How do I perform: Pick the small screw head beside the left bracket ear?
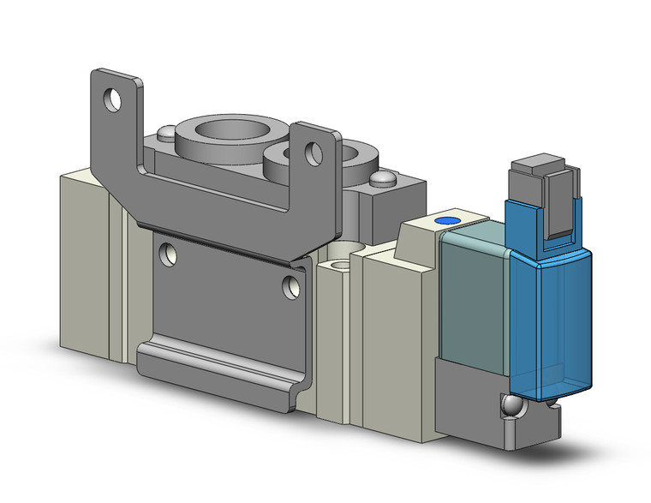click(x=163, y=135)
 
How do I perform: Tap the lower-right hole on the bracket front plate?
click(x=292, y=284)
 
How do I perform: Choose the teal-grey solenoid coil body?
click(x=471, y=291)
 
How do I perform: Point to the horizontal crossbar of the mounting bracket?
click(x=214, y=206)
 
